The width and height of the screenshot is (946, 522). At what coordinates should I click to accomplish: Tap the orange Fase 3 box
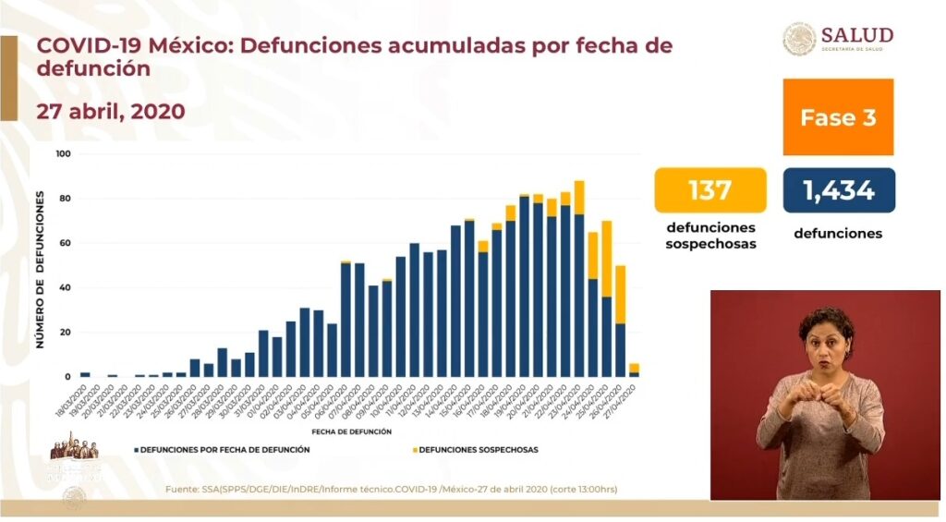(838, 117)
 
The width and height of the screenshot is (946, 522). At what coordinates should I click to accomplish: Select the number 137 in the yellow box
(710, 190)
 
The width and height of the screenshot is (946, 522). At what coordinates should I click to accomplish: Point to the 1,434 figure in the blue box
(838, 190)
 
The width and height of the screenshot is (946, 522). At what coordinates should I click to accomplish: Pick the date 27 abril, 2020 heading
(111, 112)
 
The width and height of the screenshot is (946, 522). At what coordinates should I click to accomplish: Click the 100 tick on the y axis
(63, 153)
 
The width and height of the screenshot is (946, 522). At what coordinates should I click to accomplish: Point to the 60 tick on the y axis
(65, 243)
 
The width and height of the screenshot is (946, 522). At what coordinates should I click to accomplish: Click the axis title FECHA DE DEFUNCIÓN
(351, 431)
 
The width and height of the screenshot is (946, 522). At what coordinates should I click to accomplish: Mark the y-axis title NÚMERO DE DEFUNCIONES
(40, 268)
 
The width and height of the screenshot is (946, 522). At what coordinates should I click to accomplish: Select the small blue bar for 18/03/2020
(85, 374)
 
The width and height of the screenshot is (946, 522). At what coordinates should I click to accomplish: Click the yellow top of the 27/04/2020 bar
(634, 368)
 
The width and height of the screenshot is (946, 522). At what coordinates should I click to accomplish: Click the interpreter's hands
(813, 397)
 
